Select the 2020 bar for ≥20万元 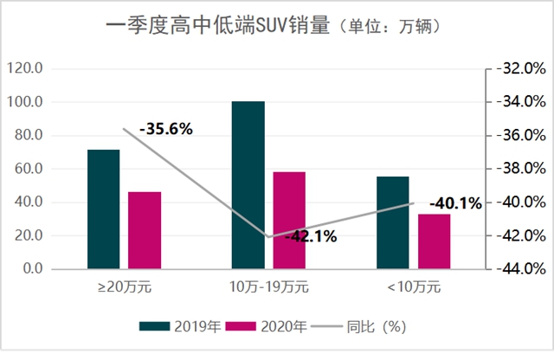(145, 230)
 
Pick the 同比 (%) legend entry (364, 326)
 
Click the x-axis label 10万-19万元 (269, 285)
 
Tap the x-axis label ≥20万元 (124, 285)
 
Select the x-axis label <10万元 (413, 285)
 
